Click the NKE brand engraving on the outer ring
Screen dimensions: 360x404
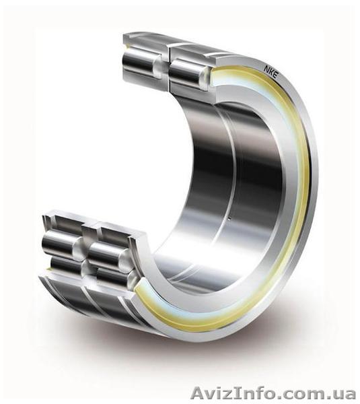(271, 73)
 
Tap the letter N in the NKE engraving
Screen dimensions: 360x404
(266, 69)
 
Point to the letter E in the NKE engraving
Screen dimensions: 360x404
(275, 77)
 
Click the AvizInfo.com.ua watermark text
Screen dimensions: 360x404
(273, 394)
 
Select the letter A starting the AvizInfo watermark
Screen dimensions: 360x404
(197, 394)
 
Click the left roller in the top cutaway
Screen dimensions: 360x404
(141, 62)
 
